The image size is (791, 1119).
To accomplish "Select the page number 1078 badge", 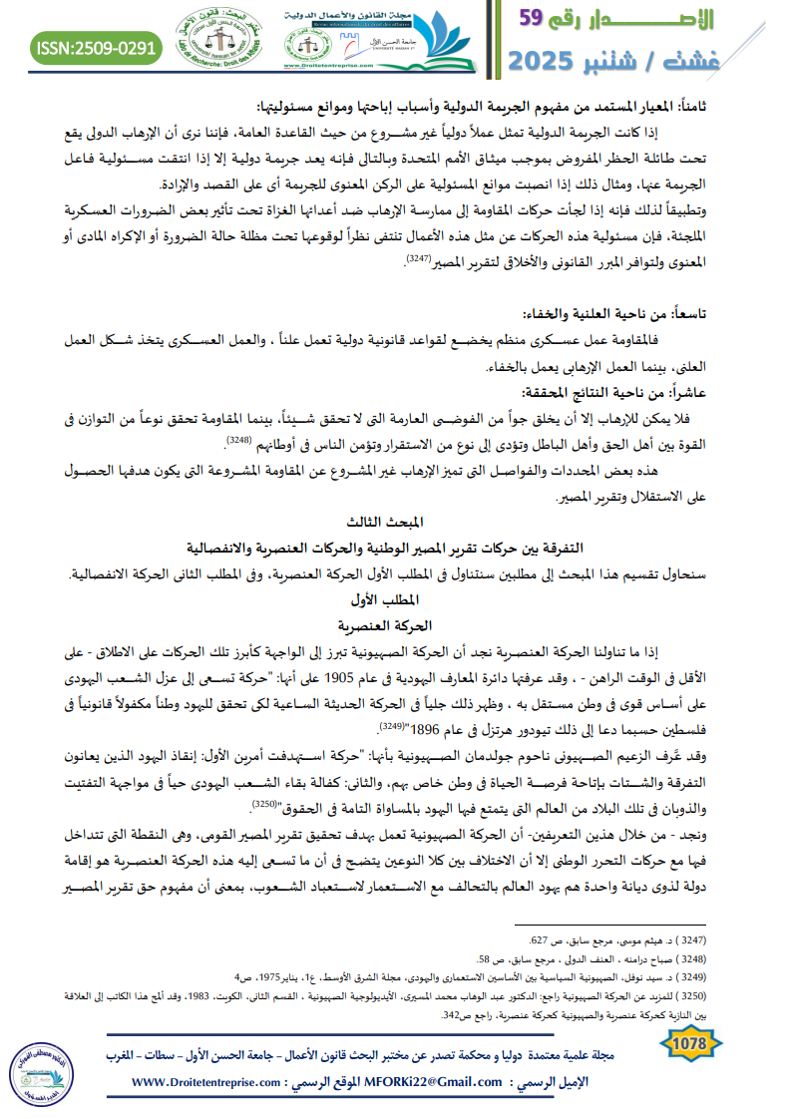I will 690,1043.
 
